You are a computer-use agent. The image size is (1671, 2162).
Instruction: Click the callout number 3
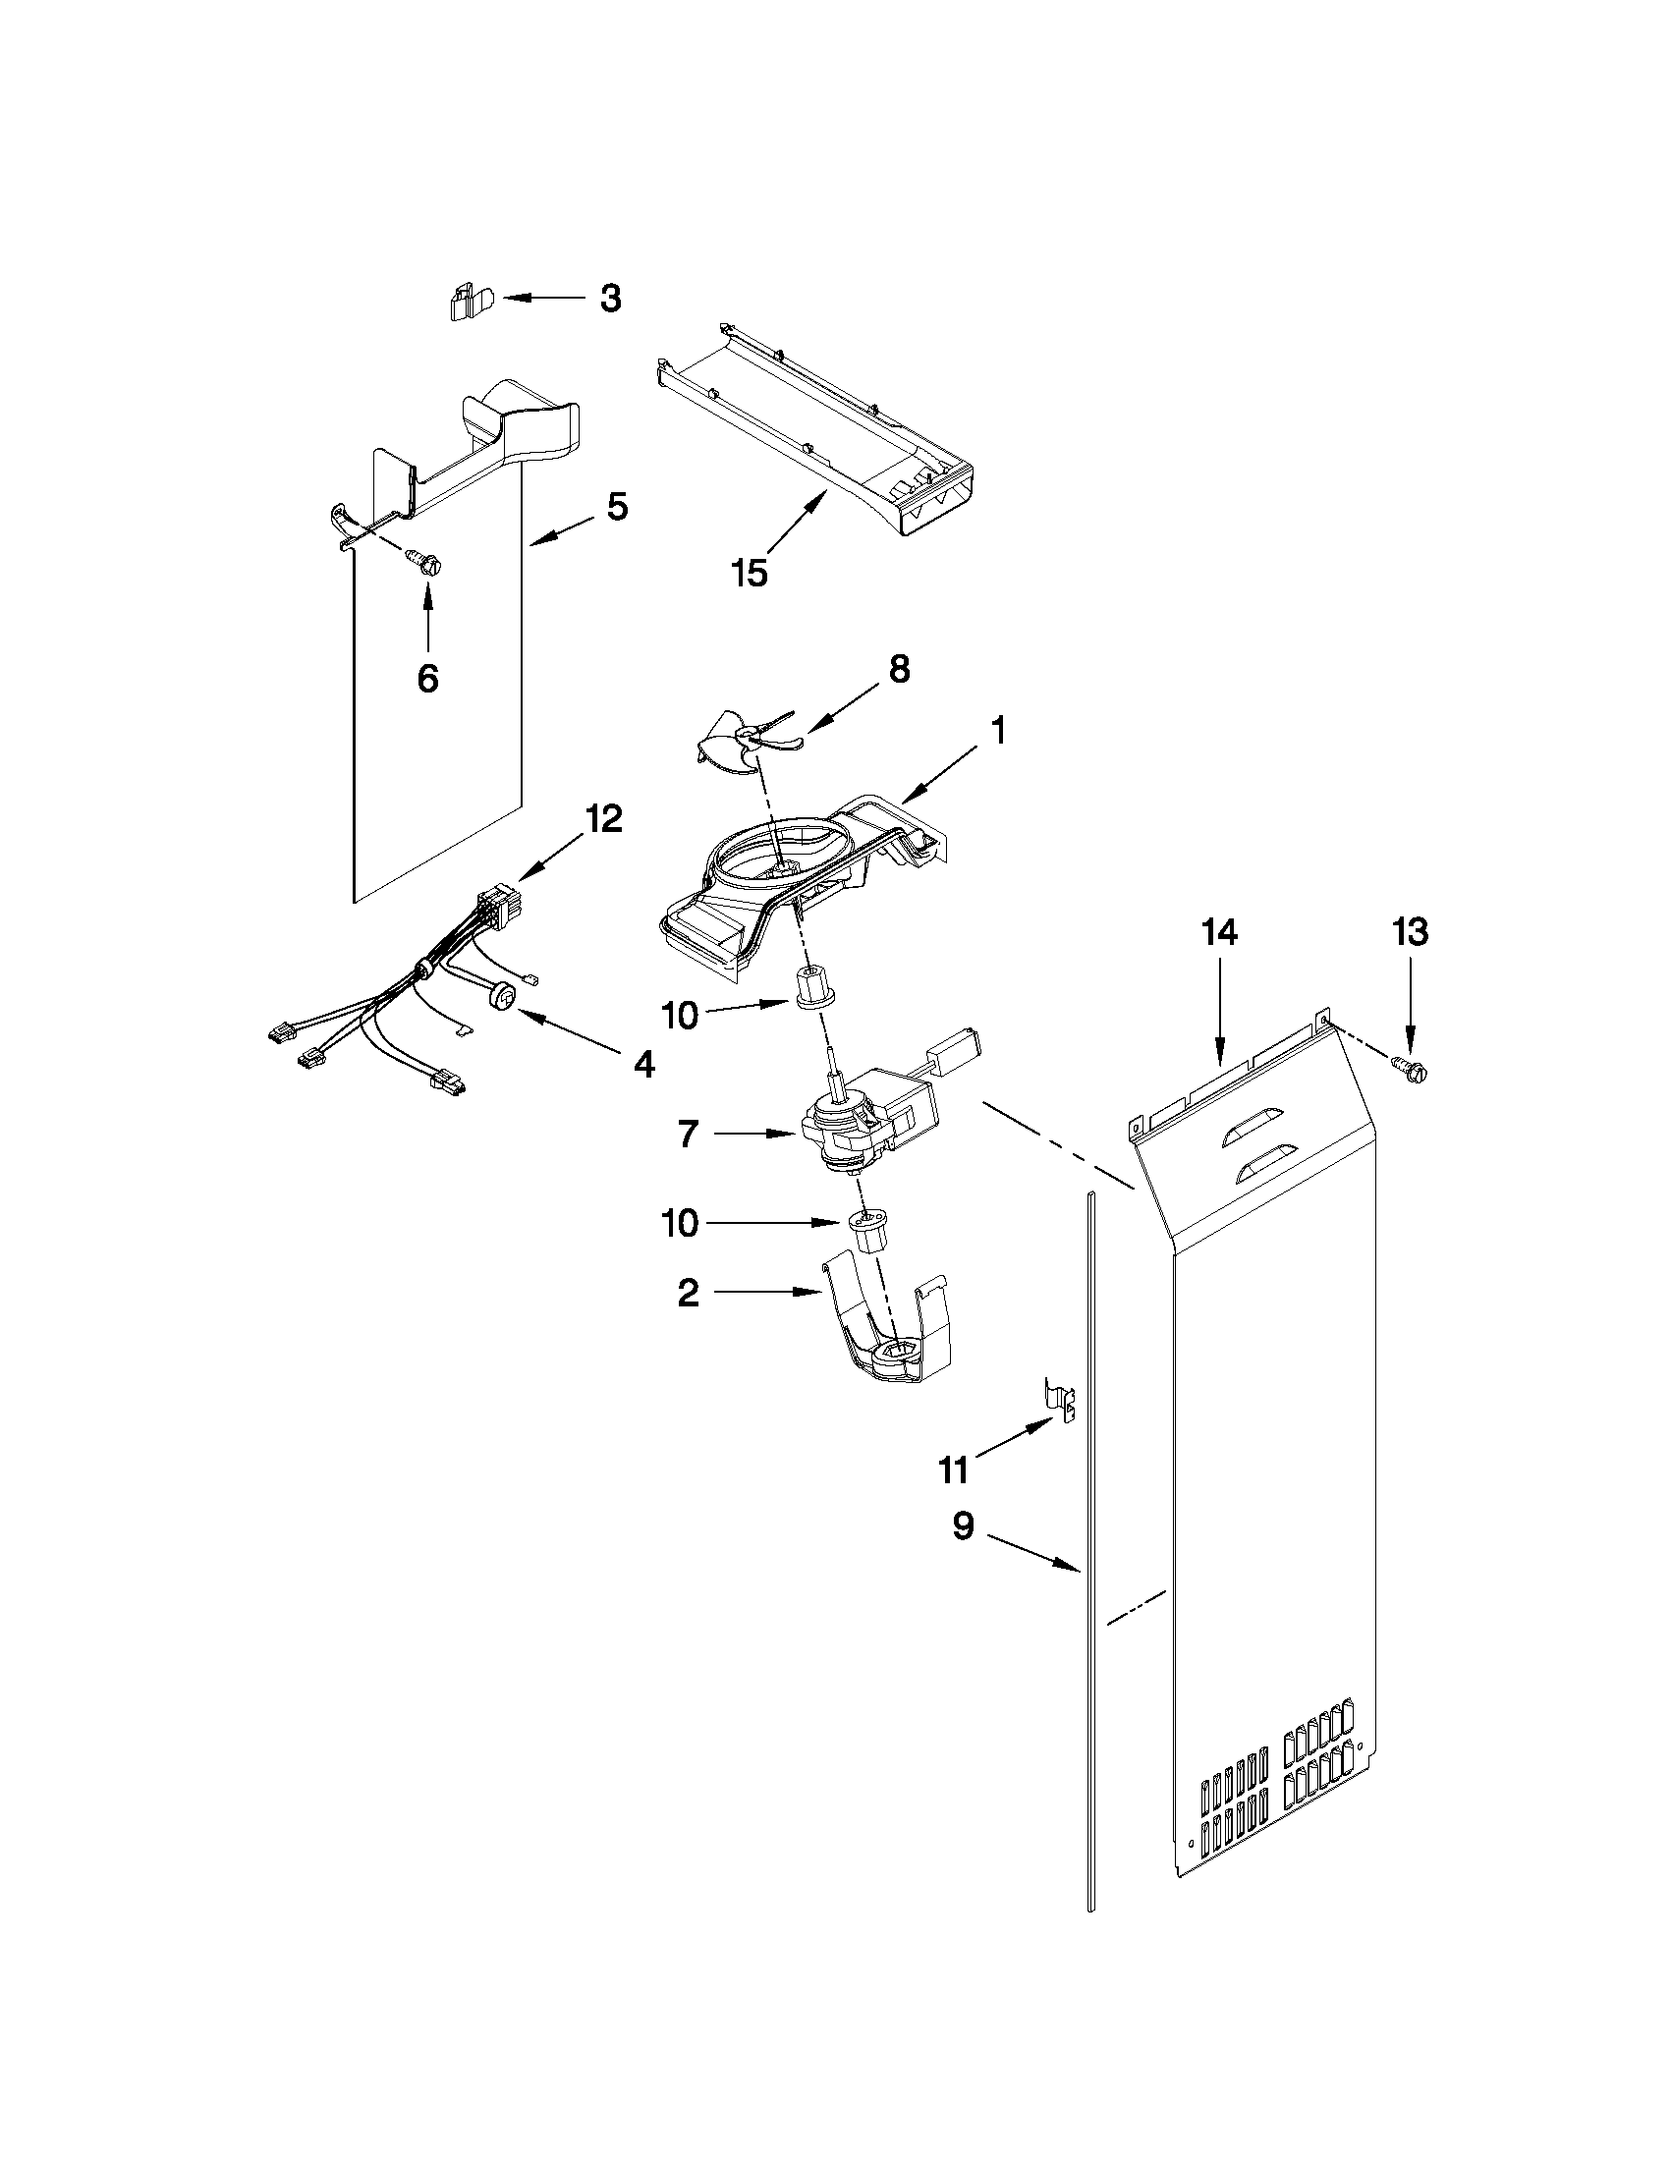tap(611, 298)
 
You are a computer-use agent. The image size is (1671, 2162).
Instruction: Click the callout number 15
tap(750, 572)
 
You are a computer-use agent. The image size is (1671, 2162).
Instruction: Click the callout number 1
tap(998, 731)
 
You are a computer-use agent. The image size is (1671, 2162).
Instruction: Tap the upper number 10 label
tap(680, 1016)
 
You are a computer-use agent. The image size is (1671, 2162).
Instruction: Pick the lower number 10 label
tap(680, 1224)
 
